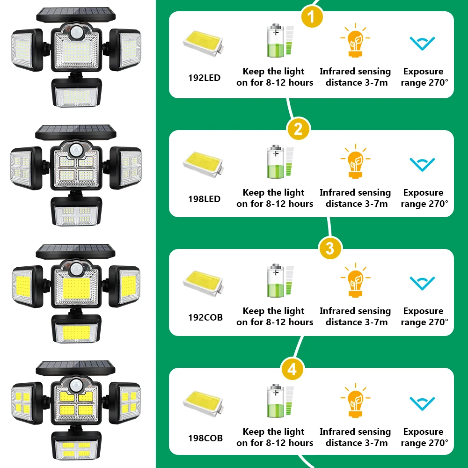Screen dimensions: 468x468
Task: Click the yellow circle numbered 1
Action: pyautogui.click(x=312, y=17)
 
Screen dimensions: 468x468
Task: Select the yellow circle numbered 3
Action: pyautogui.click(x=330, y=248)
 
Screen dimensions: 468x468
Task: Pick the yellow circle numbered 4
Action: pyautogui.click(x=292, y=370)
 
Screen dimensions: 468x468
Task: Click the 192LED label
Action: pyautogui.click(x=204, y=78)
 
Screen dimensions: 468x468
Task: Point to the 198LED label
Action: pyautogui.click(x=204, y=199)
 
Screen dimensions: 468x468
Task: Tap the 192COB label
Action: pyautogui.click(x=205, y=317)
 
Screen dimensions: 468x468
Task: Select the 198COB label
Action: pyautogui.click(x=205, y=439)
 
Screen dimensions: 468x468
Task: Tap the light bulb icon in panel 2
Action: pyautogui.click(x=355, y=161)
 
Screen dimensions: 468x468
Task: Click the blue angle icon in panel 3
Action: pyautogui.click(x=423, y=283)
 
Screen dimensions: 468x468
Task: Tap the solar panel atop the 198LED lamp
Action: pyautogui.click(x=75, y=132)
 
